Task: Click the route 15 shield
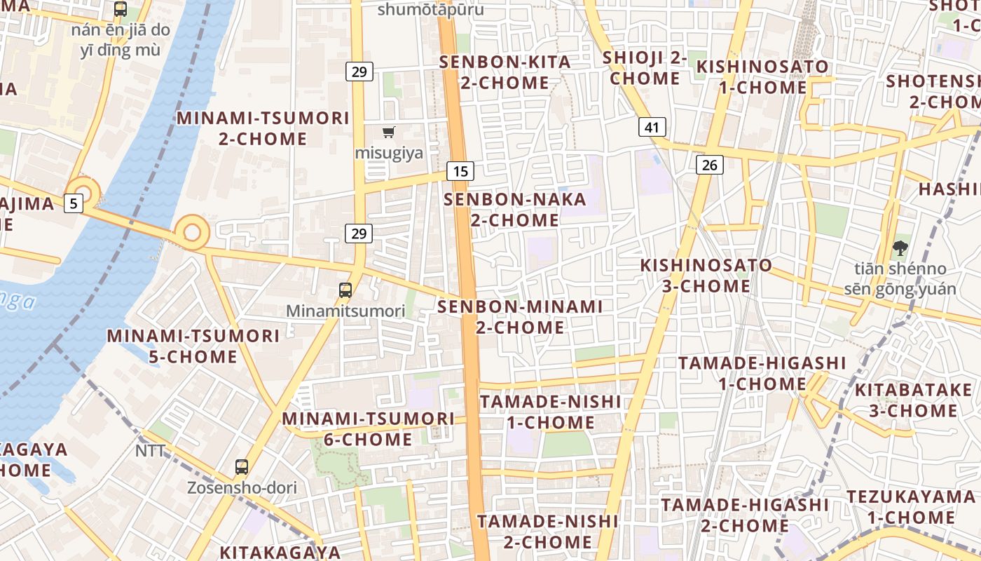click(460, 170)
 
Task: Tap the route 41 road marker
click(652, 127)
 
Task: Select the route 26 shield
click(710, 165)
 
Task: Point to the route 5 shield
click(74, 203)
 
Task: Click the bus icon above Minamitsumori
click(345, 290)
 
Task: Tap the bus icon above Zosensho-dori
click(242, 466)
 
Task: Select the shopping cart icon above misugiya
click(388, 132)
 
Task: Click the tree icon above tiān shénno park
click(900, 248)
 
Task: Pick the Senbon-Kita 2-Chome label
click(505, 72)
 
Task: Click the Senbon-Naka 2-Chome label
click(515, 210)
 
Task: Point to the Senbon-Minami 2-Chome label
click(520, 317)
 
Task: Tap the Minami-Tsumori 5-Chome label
click(193, 346)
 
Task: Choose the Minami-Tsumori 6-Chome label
click(368, 429)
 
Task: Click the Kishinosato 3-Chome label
click(706, 276)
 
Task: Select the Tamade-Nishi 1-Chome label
click(550, 412)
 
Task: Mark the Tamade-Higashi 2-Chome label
click(745, 515)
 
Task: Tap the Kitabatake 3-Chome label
click(914, 400)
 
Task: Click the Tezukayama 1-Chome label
click(911, 507)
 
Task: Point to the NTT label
click(151, 451)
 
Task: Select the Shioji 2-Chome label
click(645, 67)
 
